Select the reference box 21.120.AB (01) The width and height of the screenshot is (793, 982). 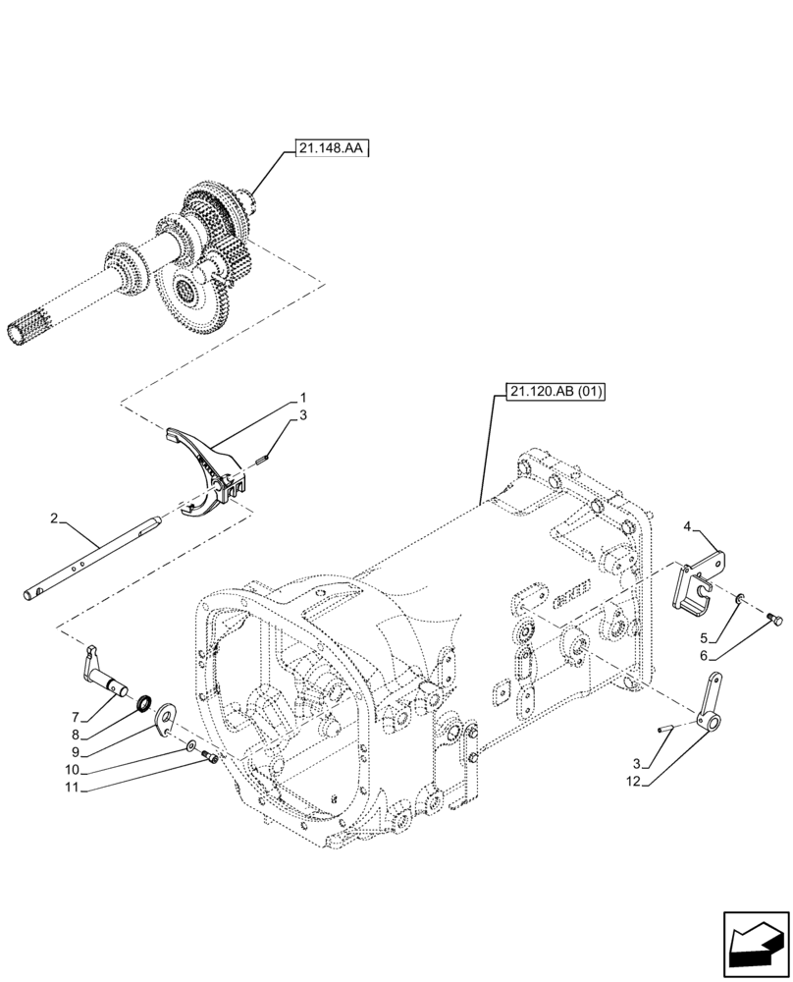pyautogui.click(x=556, y=393)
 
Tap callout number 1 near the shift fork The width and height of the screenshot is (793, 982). pyautogui.click(x=303, y=400)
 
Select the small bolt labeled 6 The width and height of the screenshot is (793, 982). pyautogui.click(x=774, y=618)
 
